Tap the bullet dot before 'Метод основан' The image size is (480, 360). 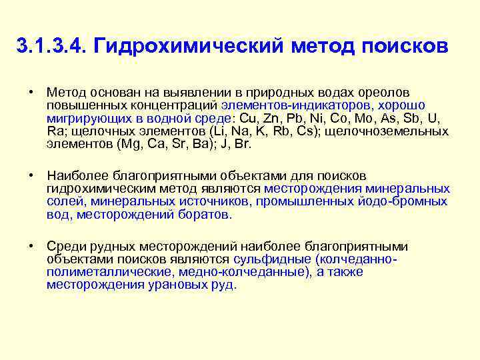[x=31, y=92]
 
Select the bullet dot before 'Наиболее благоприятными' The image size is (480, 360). [x=31, y=175]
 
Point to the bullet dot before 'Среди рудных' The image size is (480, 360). [x=31, y=246]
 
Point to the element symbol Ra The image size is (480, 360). [x=54, y=131]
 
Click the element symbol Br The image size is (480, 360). [x=241, y=143]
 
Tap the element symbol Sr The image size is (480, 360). [x=173, y=143]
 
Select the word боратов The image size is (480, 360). [x=205, y=215]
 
